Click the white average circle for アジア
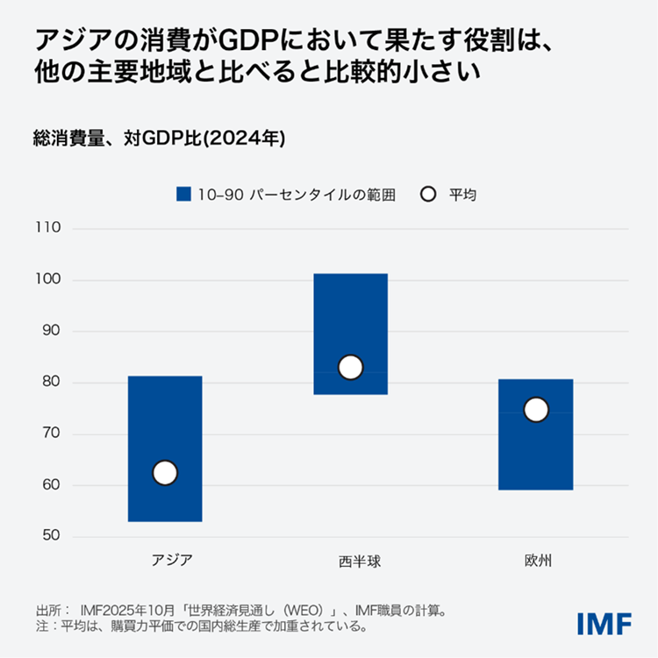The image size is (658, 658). tap(165, 473)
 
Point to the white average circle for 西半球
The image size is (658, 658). tap(350, 367)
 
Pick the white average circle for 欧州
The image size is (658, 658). tap(536, 410)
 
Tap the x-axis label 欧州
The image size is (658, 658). tap(536, 560)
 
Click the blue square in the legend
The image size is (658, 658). tap(183, 195)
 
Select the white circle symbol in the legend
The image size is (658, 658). tap(428, 195)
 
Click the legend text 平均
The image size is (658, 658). tap(462, 195)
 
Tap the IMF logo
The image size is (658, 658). tap(604, 624)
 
